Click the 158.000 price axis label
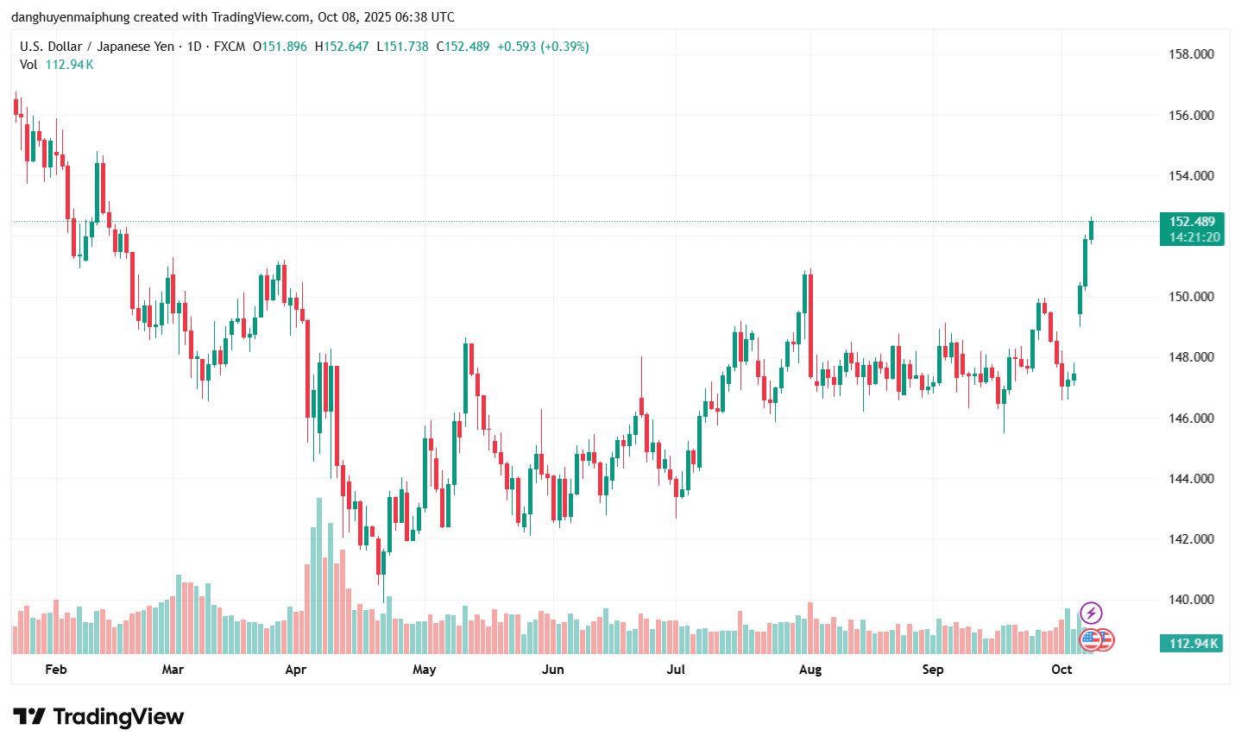pos(1191,54)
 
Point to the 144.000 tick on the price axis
pos(1191,479)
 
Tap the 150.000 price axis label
pos(1191,297)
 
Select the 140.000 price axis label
pos(1191,600)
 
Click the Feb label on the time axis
pos(55,670)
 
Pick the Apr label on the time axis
pos(296,670)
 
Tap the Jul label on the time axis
pos(676,670)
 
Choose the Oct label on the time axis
pos(1061,670)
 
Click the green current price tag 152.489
pos(1192,222)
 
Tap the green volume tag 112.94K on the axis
pos(1194,643)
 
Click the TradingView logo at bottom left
pos(98,717)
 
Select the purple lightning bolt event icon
pos(1091,614)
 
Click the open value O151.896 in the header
pos(280,47)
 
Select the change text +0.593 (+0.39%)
pos(543,47)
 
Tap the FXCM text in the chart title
pos(229,47)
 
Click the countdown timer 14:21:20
pos(1195,237)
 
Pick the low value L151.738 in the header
pos(403,47)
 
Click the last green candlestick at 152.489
pos(1092,230)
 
